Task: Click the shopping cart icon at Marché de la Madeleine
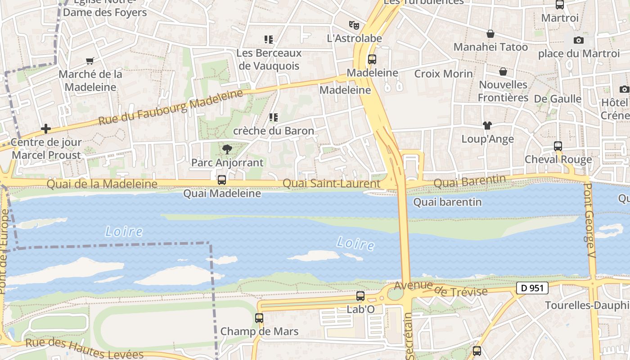(x=90, y=61)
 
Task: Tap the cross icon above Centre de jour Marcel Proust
(x=45, y=129)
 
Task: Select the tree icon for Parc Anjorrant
(x=227, y=149)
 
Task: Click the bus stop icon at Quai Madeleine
(x=222, y=180)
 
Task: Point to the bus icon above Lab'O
(x=360, y=296)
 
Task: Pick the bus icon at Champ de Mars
(x=259, y=318)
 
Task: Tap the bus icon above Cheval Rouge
(x=558, y=146)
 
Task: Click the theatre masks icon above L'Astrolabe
(x=354, y=25)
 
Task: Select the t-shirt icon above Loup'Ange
(x=487, y=126)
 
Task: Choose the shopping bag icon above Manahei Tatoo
(x=490, y=34)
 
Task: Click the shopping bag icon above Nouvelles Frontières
(x=503, y=72)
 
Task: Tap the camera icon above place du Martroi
(x=579, y=40)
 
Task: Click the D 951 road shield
(x=532, y=288)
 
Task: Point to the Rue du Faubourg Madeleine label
(x=171, y=108)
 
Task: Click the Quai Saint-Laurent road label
(x=331, y=184)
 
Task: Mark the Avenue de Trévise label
(x=441, y=289)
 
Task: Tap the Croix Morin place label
(x=443, y=74)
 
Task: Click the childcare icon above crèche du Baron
(x=273, y=117)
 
